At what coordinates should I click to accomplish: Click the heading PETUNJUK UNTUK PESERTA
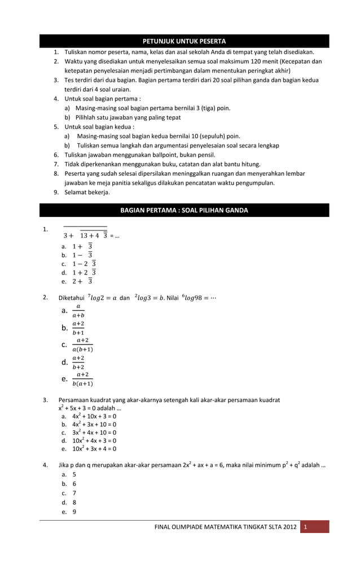pyautogui.click(x=184, y=41)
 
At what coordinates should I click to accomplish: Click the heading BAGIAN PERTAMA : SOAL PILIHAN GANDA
pyautogui.click(x=184, y=211)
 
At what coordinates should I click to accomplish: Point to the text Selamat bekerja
pyautogui.click(x=87, y=193)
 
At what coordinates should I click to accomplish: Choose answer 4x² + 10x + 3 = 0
pyautogui.click(x=94, y=416)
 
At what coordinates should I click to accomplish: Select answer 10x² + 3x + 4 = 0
pyautogui.click(x=94, y=449)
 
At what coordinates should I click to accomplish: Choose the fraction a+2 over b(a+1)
pyautogui.click(x=83, y=379)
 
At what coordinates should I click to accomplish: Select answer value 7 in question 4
pyautogui.click(x=74, y=494)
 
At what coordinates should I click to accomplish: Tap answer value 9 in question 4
pyautogui.click(x=74, y=512)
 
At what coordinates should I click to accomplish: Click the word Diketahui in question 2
pyautogui.click(x=72, y=298)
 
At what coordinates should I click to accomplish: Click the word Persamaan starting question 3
pyautogui.click(x=74, y=400)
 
